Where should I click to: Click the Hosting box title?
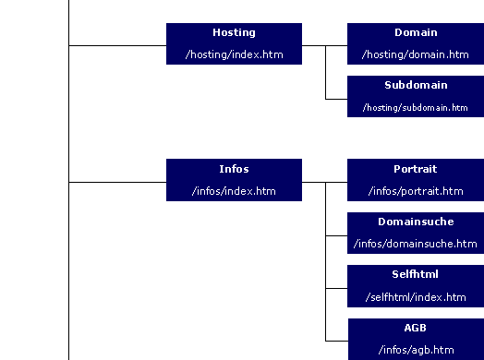[x=234, y=33]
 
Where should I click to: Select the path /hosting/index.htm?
[x=234, y=54]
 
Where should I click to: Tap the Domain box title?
[x=415, y=33]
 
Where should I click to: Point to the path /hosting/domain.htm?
[x=415, y=54]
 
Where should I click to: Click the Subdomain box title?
[x=415, y=85]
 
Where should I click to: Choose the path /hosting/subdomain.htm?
[x=415, y=107]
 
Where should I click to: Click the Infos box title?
[x=234, y=170]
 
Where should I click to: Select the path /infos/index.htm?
[x=234, y=191]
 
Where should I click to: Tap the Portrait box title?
[x=415, y=170]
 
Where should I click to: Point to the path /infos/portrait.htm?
[x=415, y=191]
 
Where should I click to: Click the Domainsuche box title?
[x=415, y=222]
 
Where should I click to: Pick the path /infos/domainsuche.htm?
[x=415, y=244]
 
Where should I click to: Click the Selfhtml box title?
[x=415, y=275]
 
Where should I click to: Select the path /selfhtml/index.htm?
[x=415, y=296]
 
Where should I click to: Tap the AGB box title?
[x=415, y=328]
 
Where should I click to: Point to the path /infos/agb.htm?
[x=415, y=350]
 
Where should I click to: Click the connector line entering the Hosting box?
[x=117, y=44]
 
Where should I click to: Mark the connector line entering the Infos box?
[x=117, y=182]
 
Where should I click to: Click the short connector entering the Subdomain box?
[x=336, y=97]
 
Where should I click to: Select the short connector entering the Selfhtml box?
[x=336, y=288]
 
